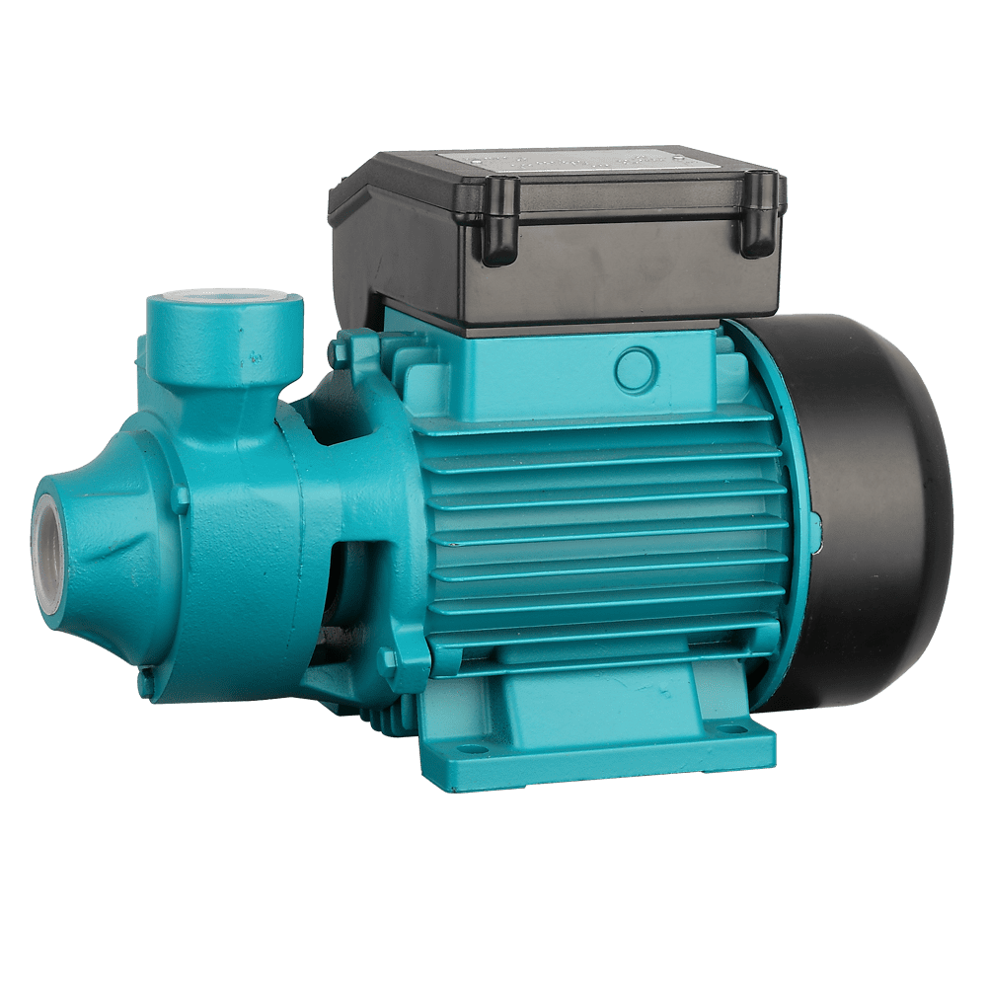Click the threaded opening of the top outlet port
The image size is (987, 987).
pos(225,299)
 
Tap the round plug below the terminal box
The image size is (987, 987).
pos(636,368)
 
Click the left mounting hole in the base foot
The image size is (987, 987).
pos(475,750)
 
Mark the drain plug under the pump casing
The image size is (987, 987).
pos(146,681)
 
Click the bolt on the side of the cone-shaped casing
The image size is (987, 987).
pos(179,498)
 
